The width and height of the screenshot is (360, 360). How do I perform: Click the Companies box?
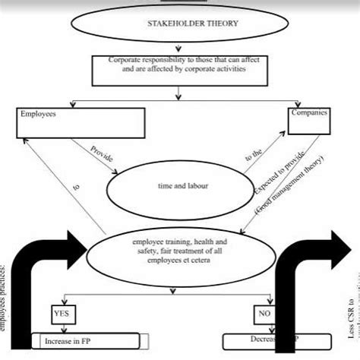point(313,118)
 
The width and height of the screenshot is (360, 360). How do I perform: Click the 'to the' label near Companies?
point(251,155)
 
